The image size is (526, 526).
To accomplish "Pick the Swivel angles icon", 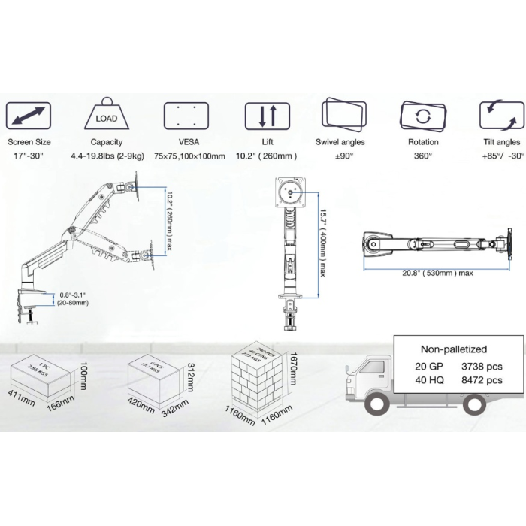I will click(x=344, y=115).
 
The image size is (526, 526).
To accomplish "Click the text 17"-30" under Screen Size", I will click(x=28, y=156).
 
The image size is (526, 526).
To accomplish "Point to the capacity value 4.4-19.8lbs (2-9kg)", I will click(x=107, y=156).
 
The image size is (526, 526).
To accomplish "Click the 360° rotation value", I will click(x=423, y=156).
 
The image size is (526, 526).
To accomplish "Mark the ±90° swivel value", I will click(x=344, y=156).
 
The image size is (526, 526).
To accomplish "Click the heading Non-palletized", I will click(x=454, y=349).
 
